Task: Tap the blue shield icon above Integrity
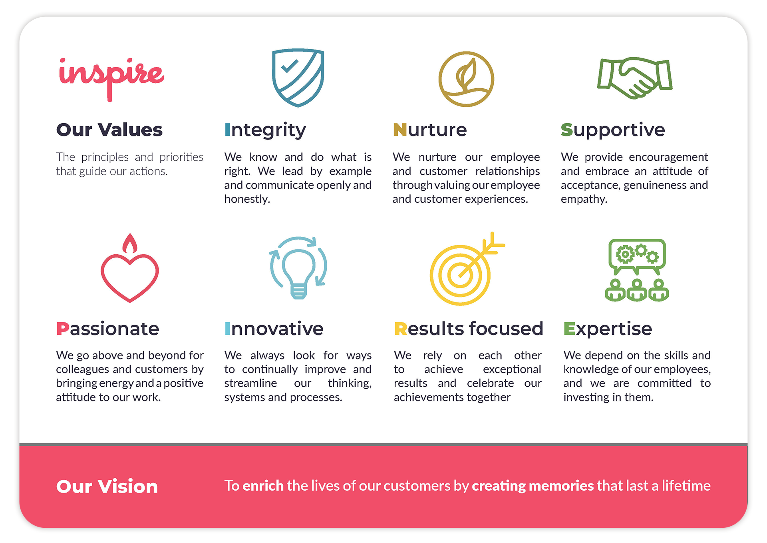click(x=298, y=78)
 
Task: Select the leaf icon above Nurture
click(x=466, y=79)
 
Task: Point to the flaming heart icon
click(x=130, y=268)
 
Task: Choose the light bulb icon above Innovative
click(x=298, y=268)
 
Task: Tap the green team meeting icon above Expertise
click(x=637, y=270)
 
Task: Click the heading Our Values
click(x=109, y=130)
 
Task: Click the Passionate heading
click(x=108, y=329)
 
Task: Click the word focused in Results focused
click(x=506, y=329)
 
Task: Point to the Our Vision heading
click(x=107, y=486)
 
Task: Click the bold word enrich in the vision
click(x=263, y=485)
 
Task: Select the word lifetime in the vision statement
click(x=686, y=485)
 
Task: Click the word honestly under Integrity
click(x=247, y=199)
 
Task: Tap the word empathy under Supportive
click(x=584, y=199)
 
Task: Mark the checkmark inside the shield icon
click(x=290, y=66)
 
